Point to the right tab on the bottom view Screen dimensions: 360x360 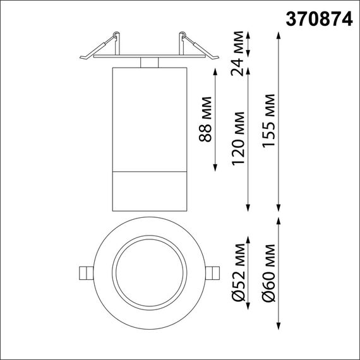(x=214, y=272)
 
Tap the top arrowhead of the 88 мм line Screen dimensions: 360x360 (x=216, y=68)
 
